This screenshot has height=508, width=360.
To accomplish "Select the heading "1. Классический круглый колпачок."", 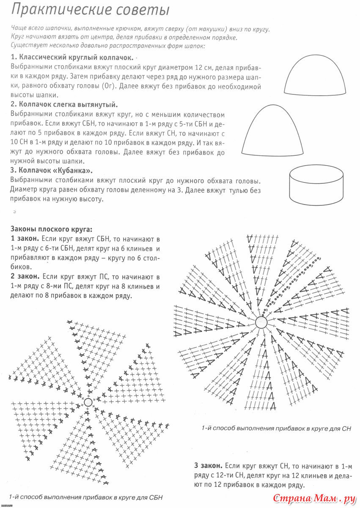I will pyautogui.click(x=72, y=58).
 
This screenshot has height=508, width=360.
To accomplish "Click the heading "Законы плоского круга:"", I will pyautogui.click(x=51, y=229).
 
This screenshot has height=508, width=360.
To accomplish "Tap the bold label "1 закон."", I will pyautogui.click(x=25, y=239).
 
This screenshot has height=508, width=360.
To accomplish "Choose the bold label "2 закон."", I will pyautogui.click(x=25, y=277).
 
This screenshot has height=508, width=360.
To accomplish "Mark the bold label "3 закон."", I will pyautogui.click(x=209, y=466).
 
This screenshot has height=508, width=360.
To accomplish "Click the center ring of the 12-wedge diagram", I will pyautogui.click(x=261, y=323).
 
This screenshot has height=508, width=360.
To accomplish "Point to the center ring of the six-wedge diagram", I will pyautogui.click(x=88, y=402).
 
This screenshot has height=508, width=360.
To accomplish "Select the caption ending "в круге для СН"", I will pyautogui.click(x=276, y=428).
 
